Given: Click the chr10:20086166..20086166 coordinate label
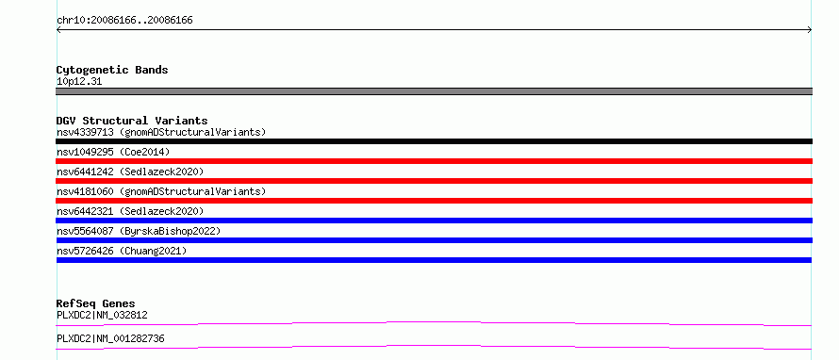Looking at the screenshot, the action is coord(124,21).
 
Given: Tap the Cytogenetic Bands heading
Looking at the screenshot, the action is coord(112,70).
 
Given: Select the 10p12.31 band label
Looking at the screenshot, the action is coord(79,82).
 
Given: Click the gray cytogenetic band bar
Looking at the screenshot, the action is coord(434,91).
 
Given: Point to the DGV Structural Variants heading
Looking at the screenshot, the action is coord(132,121).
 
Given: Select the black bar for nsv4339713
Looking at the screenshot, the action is coord(434,141).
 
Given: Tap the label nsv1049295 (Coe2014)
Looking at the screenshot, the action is coord(113,152).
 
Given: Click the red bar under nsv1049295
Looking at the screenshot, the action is coord(434,161).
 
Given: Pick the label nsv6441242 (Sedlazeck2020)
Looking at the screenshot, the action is coord(130,172).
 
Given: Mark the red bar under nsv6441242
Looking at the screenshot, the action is coord(434,181).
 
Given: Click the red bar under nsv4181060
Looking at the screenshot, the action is coord(434,201).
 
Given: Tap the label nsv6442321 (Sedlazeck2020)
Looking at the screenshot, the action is coord(130,211).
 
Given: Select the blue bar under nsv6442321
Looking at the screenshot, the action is coord(434,221).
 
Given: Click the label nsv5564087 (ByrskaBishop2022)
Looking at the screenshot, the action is coord(139,231).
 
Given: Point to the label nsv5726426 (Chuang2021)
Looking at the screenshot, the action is coord(122,251).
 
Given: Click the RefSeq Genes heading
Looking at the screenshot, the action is coord(96,303).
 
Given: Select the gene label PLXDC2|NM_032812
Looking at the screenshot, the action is coord(102,315).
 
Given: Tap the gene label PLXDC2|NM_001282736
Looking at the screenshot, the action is coord(110,338).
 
